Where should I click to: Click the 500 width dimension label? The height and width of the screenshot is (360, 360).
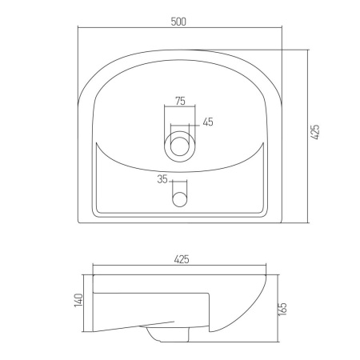click(x=178, y=22)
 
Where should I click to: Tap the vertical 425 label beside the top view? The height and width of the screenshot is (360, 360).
click(x=315, y=132)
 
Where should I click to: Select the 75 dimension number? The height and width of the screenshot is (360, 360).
click(x=180, y=101)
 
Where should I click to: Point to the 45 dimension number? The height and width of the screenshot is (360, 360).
click(x=208, y=122)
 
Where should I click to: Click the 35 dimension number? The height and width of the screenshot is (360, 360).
click(x=162, y=179)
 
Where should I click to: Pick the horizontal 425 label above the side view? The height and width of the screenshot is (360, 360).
click(x=182, y=259)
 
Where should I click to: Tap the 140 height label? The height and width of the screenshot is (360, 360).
click(x=78, y=300)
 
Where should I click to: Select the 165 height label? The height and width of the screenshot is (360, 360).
click(x=282, y=309)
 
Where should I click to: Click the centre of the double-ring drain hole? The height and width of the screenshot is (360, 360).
click(x=179, y=146)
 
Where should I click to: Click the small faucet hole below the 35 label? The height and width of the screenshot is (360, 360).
click(x=179, y=199)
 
